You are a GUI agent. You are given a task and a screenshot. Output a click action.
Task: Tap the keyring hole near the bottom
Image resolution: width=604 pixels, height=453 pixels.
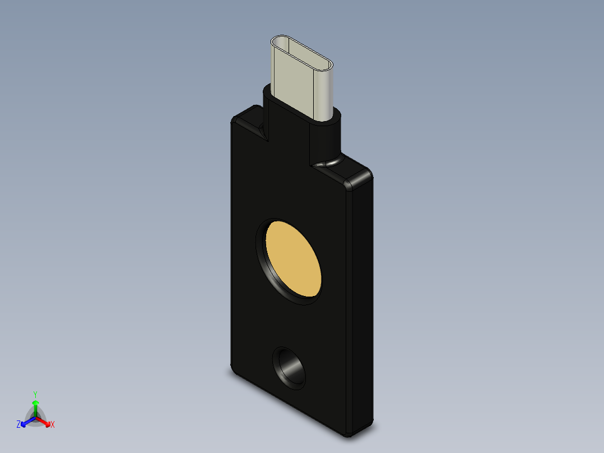tap(290, 368)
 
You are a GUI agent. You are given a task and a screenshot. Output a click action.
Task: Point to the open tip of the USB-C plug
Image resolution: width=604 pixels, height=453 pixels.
tap(302, 50)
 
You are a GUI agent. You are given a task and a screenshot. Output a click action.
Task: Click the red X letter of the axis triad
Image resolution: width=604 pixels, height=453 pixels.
tap(53, 425)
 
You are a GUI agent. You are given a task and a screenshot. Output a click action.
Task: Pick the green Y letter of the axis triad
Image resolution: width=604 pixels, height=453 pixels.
tap(35, 394)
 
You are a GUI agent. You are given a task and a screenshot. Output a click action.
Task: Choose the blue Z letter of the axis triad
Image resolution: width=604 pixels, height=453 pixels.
tap(18, 424)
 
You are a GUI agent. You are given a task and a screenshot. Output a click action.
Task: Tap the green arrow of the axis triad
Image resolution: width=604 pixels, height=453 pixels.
tap(35, 405)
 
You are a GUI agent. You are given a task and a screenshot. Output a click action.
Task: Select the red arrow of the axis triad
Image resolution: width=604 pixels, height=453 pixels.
tap(44, 420)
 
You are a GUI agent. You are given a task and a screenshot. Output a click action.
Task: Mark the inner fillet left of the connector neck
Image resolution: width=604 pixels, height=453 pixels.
tap(261, 132)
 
